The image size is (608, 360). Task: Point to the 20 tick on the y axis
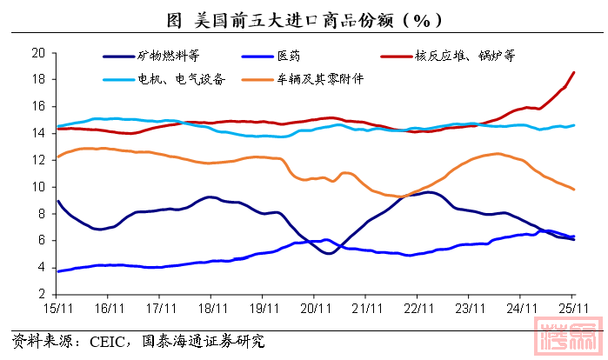[x=37, y=52]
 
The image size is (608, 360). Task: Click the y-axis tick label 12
[x=37, y=160]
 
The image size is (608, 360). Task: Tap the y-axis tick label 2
[x=41, y=294]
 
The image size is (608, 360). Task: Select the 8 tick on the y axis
[x=41, y=214]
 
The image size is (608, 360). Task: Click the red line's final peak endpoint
[x=573, y=72]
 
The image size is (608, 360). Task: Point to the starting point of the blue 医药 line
[x=57, y=271]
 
